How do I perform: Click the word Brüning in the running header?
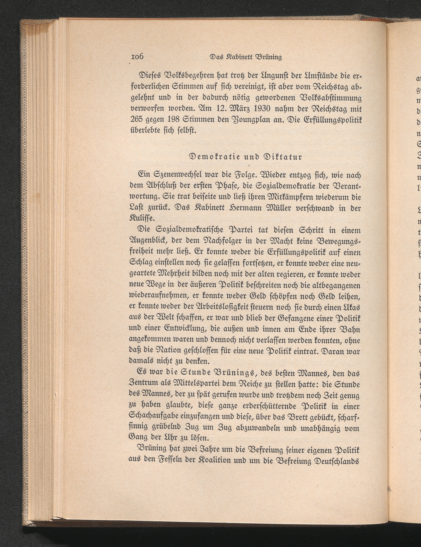coord(268,57)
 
